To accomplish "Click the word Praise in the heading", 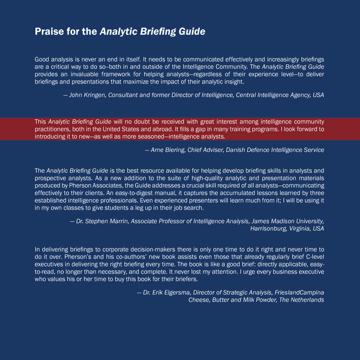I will (x=50, y=32).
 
